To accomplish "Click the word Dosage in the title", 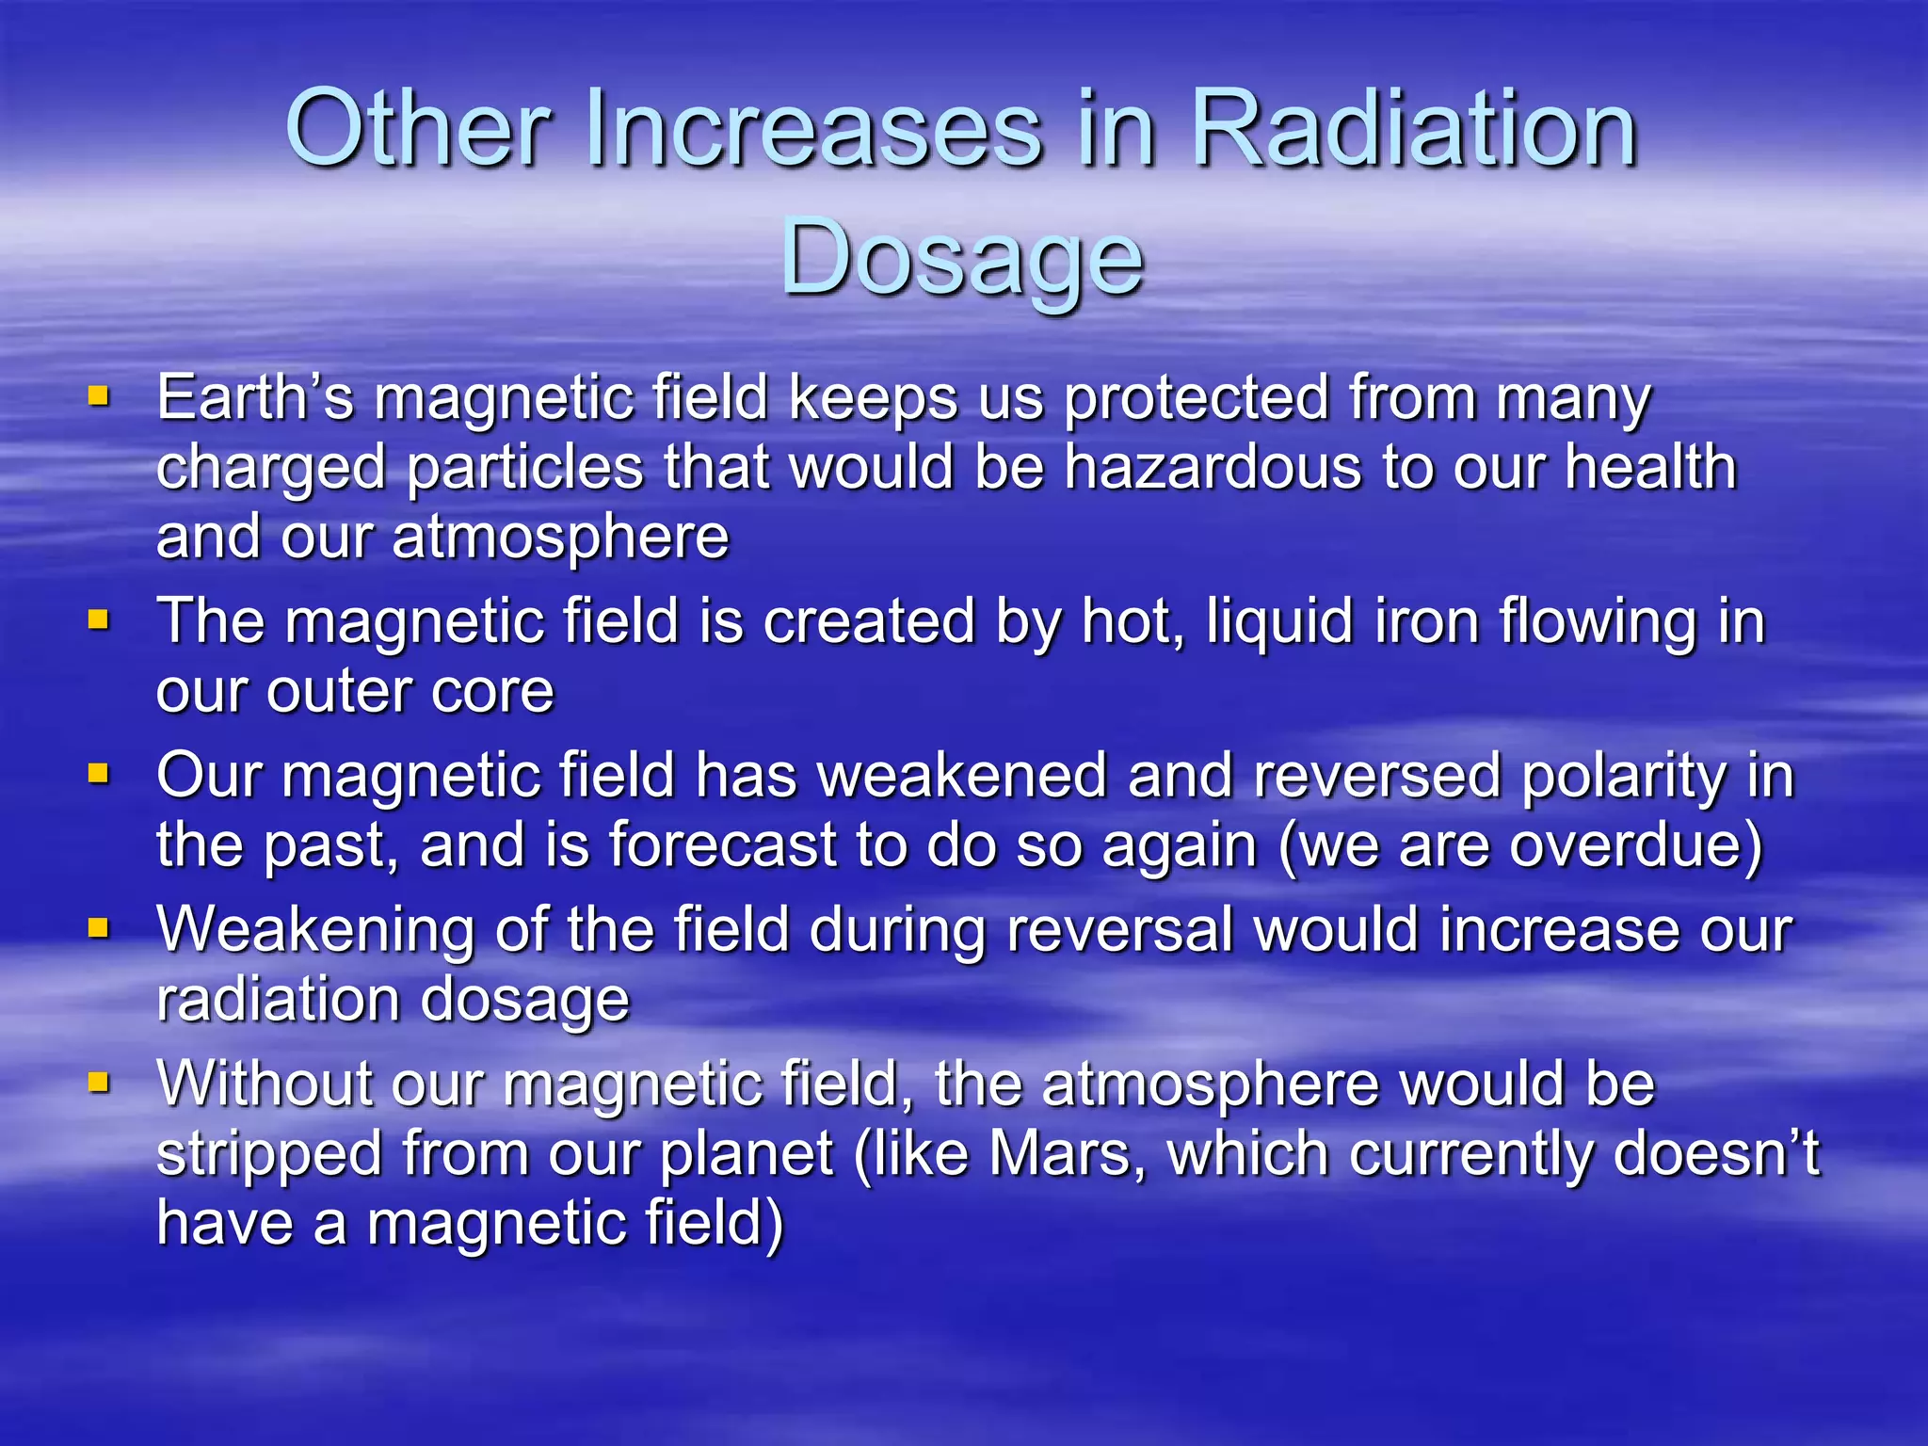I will tap(962, 256).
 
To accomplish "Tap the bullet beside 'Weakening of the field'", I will tap(99, 928).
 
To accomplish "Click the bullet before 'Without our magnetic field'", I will tap(99, 1083).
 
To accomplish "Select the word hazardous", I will tap(1213, 467).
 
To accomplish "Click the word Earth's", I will tap(255, 397).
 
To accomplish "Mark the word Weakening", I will tap(316, 930).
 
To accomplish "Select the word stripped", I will tap(269, 1154).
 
